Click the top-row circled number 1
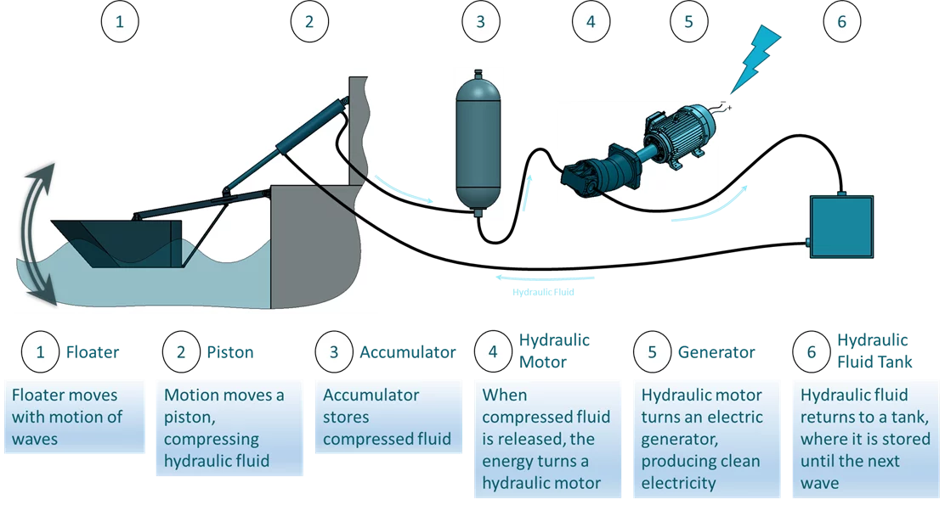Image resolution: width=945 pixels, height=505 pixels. click(x=119, y=22)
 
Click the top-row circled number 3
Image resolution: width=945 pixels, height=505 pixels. click(x=479, y=22)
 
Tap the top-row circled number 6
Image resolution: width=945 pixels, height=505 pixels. click(x=841, y=22)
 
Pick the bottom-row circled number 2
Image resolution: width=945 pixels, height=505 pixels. click(x=179, y=352)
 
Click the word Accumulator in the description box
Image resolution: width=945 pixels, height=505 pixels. click(x=371, y=396)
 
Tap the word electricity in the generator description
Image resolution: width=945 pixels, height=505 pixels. click(x=678, y=484)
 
